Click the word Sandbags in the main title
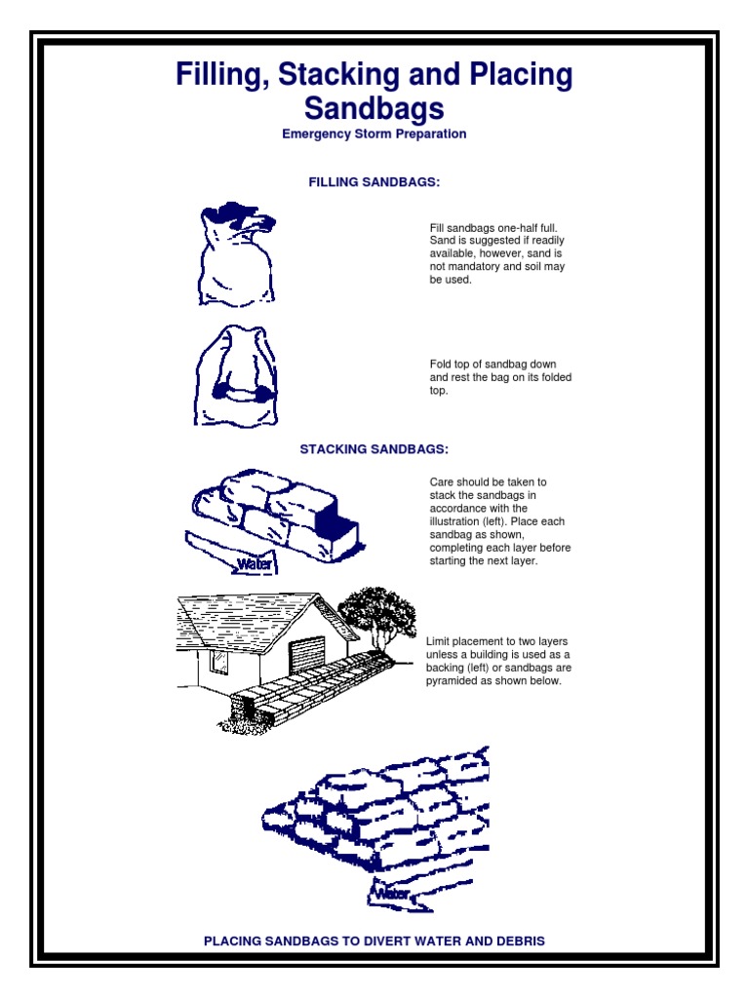pyautogui.click(x=374, y=106)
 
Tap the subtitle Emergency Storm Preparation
pyautogui.click(x=374, y=134)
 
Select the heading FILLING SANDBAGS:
pyautogui.click(x=374, y=182)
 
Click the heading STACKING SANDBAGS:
pyautogui.click(x=374, y=449)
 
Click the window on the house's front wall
pyautogui.click(x=219, y=663)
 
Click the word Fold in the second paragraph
pyautogui.click(x=442, y=365)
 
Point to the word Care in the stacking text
pyautogui.click(x=443, y=482)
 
